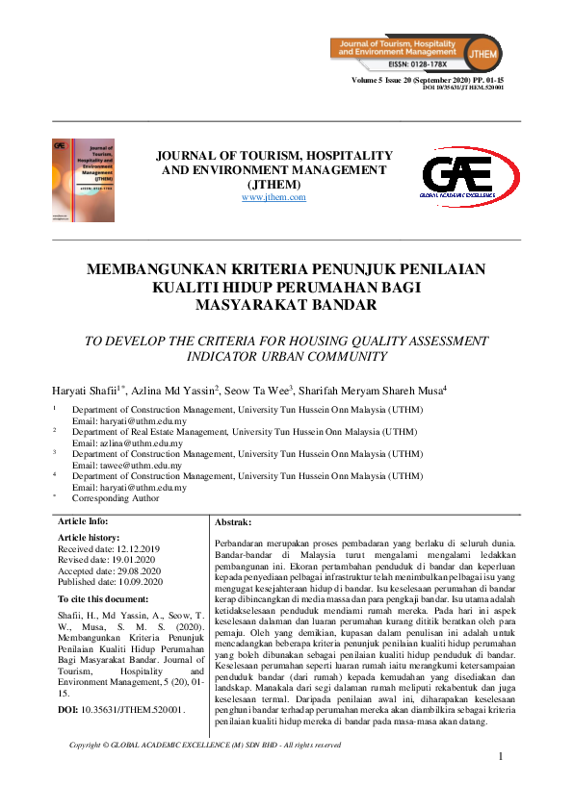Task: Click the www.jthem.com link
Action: [x=273, y=197]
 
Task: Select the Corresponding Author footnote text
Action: [x=117, y=498]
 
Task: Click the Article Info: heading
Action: [x=85, y=520]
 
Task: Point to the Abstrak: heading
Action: [x=233, y=520]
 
